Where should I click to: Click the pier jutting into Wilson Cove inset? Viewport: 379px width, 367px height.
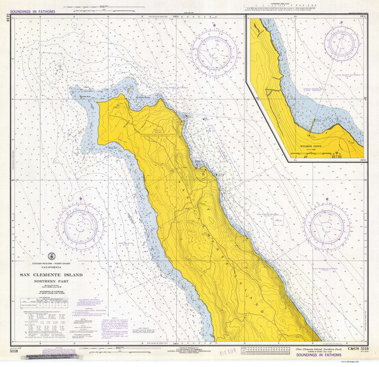point(309,129)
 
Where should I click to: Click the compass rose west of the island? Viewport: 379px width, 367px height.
point(80,226)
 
